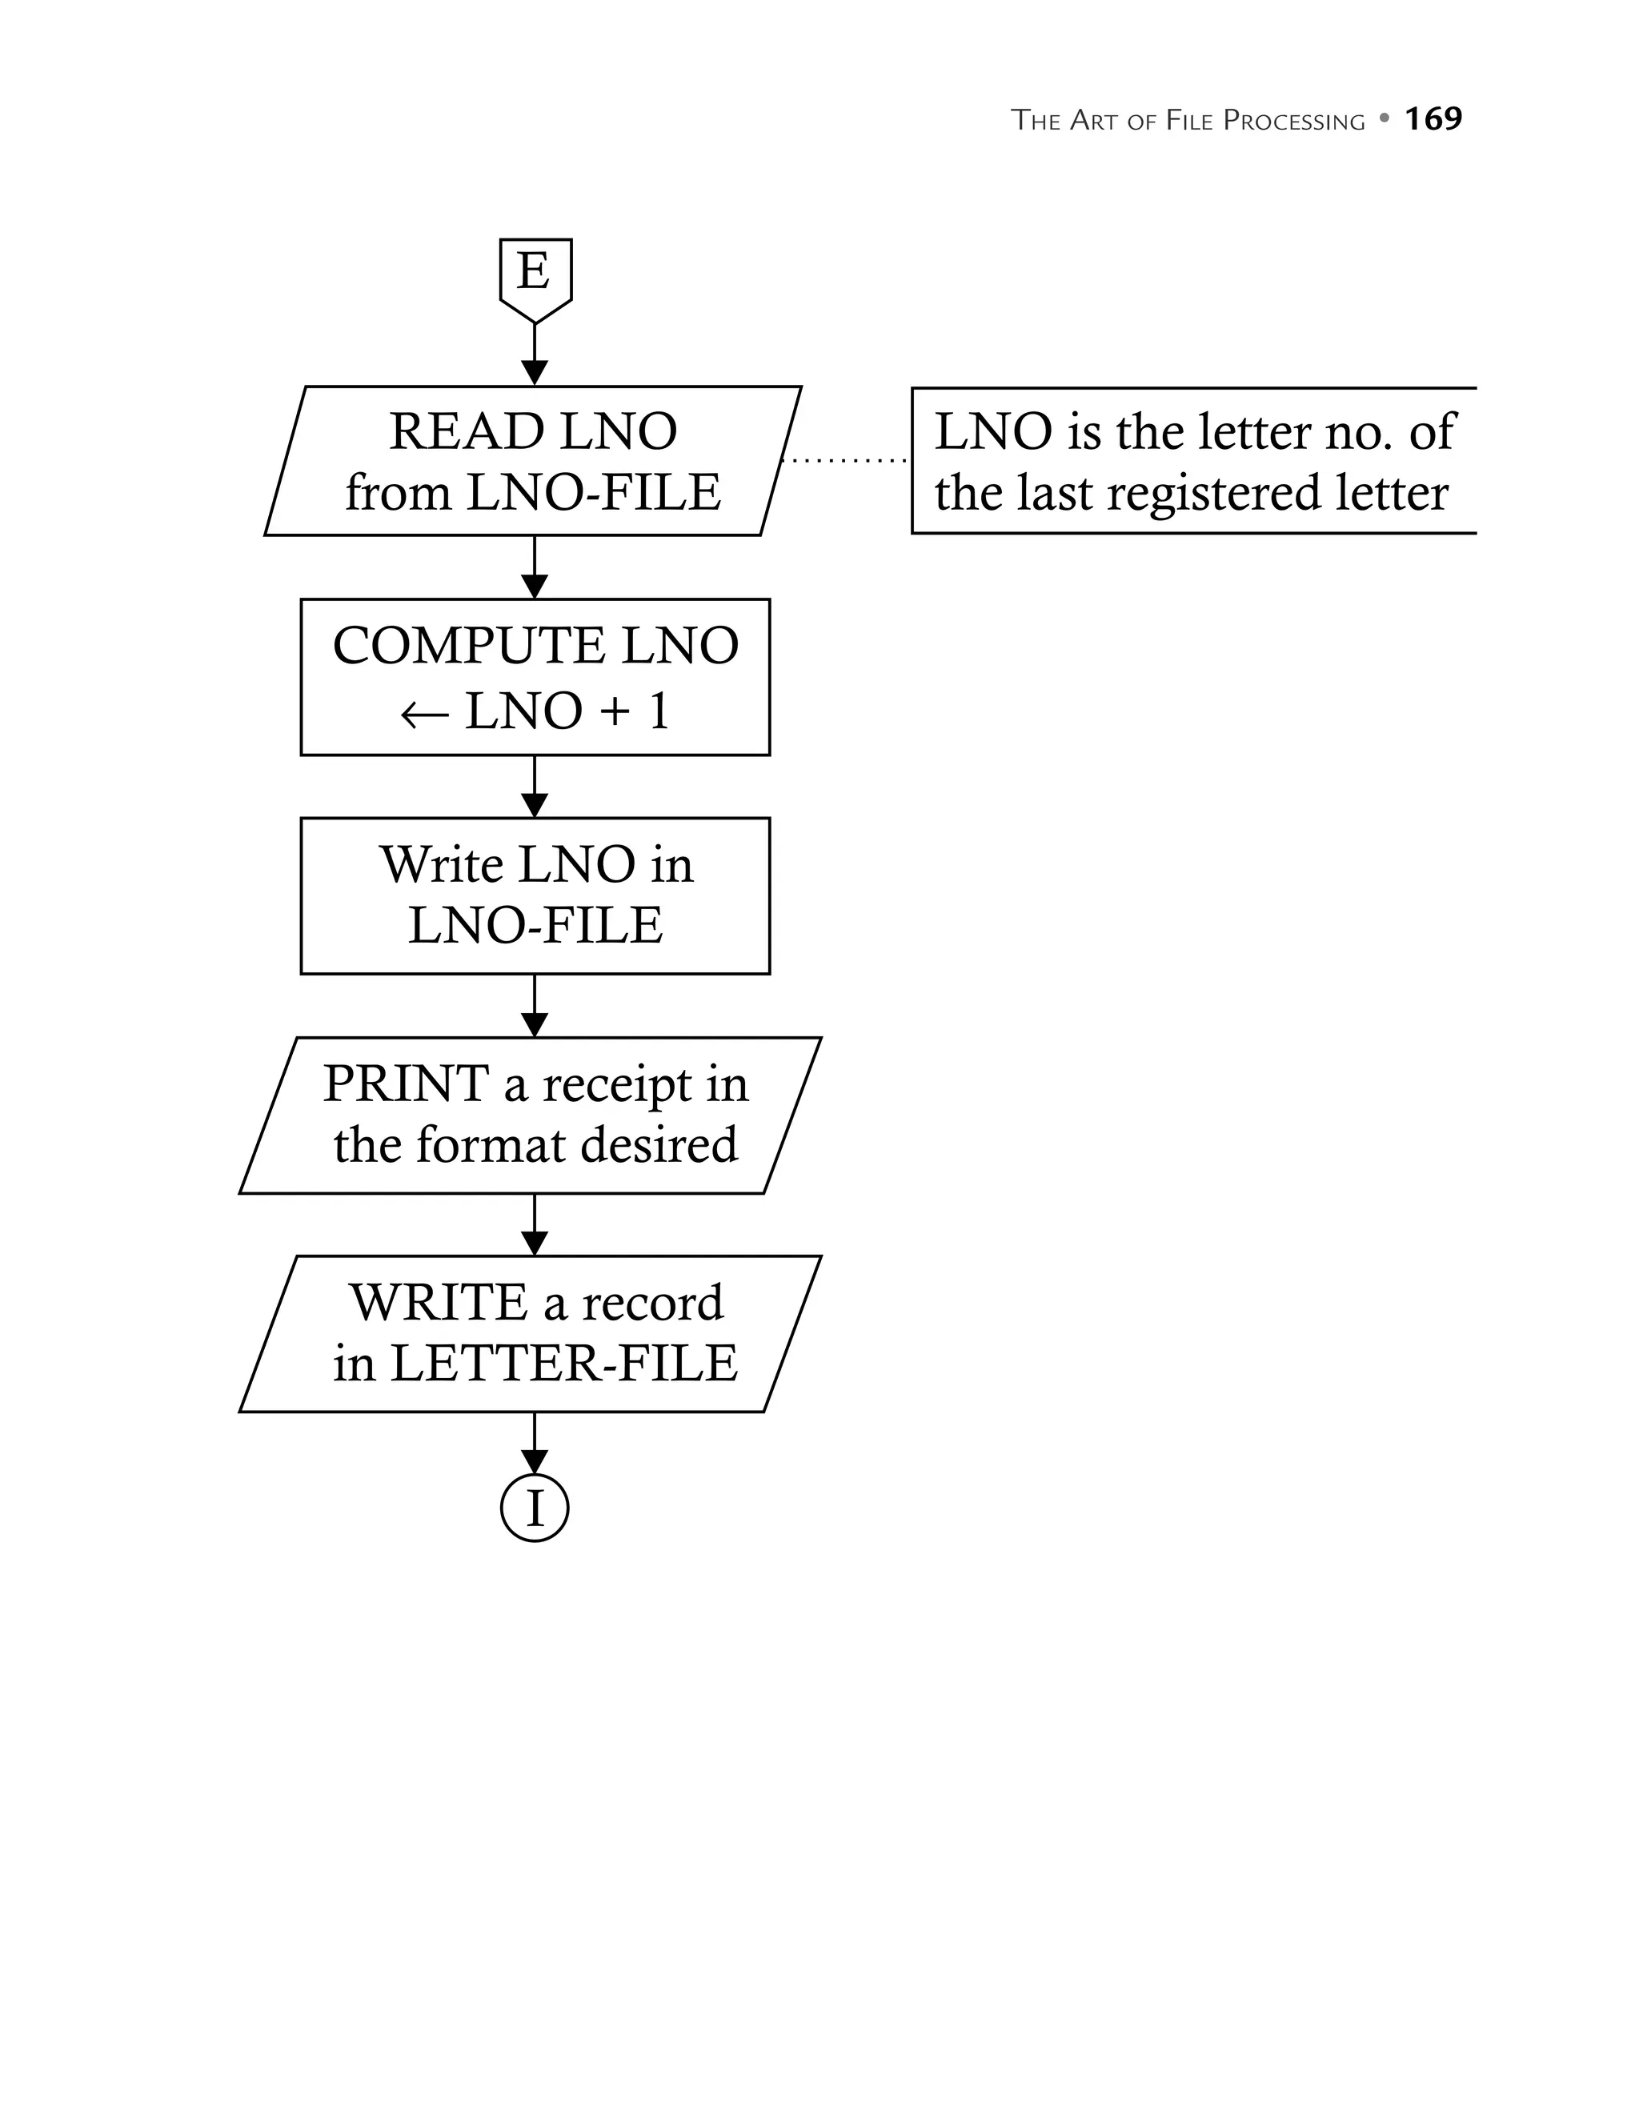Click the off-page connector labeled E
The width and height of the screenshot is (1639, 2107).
535,276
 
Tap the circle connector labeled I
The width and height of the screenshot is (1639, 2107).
535,1507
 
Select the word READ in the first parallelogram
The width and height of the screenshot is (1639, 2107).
467,431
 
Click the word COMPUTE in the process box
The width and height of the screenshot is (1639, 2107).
470,646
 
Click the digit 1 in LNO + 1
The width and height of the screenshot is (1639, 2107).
659,712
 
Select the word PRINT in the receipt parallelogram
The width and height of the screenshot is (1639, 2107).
406,1084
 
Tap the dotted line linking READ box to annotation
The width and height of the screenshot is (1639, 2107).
844,461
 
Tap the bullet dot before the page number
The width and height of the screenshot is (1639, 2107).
1385,118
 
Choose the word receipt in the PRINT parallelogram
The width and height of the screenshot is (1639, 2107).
617,1085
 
